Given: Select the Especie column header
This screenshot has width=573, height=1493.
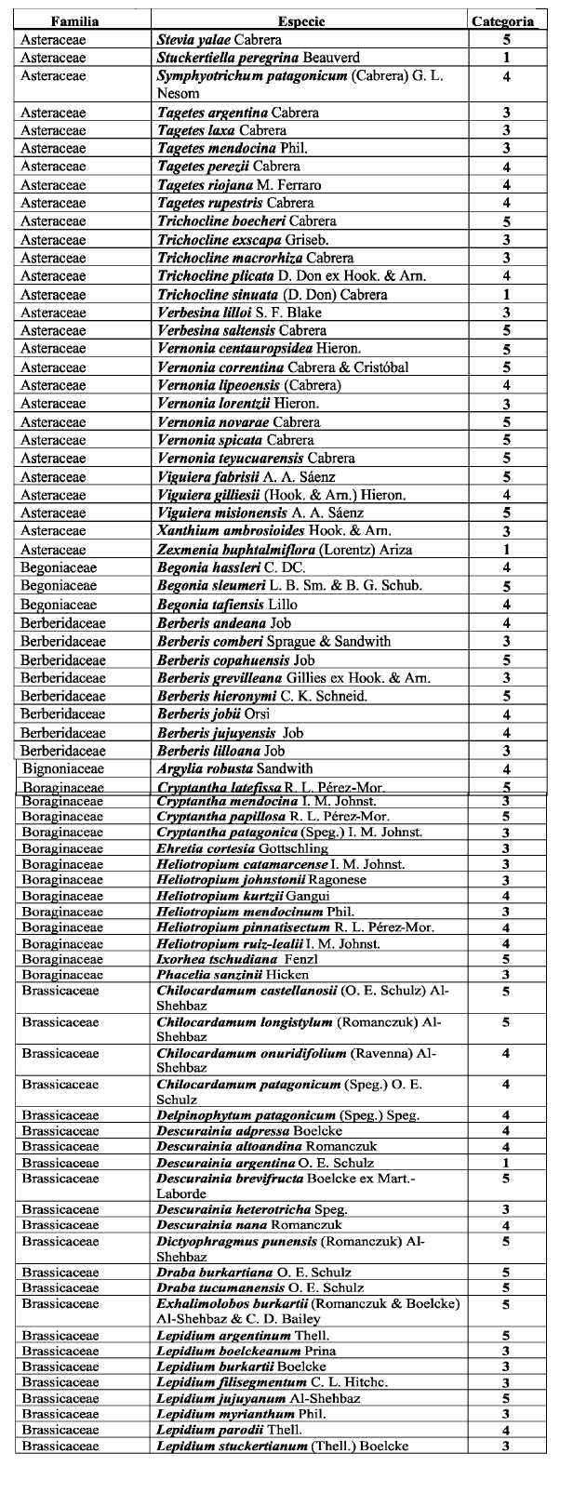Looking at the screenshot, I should pos(307,20).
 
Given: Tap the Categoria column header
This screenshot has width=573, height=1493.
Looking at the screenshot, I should pos(503,20).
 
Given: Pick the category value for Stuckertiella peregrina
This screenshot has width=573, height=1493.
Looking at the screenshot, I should pos(507,58).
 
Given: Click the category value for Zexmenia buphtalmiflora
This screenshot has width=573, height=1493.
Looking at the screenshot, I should pos(507,550).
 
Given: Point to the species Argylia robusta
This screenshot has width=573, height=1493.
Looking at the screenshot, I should pos(235,769).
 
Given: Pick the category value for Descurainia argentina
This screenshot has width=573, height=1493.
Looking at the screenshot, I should pos(506,1163).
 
